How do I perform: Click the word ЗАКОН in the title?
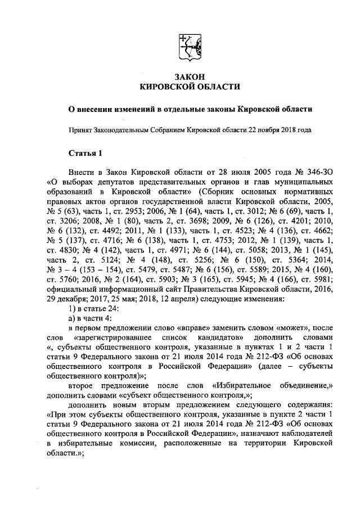187,76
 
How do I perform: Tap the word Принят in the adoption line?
80,129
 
